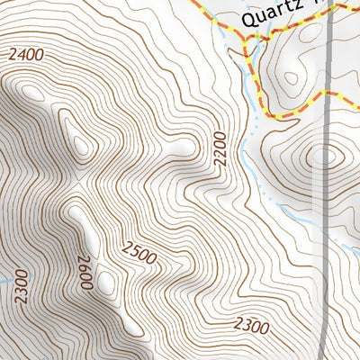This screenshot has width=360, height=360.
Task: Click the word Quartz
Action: coord(270,17)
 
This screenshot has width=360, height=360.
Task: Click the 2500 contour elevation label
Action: coord(139,254)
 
